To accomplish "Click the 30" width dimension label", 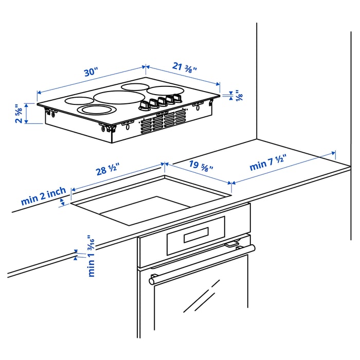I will click(x=91, y=73).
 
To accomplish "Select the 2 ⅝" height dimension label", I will click(x=19, y=114).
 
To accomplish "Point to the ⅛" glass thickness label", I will click(x=239, y=95).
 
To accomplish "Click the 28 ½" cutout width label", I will click(x=107, y=169).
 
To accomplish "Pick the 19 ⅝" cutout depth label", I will click(x=201, y=166).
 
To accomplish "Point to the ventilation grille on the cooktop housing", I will click(x=163, y=121).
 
